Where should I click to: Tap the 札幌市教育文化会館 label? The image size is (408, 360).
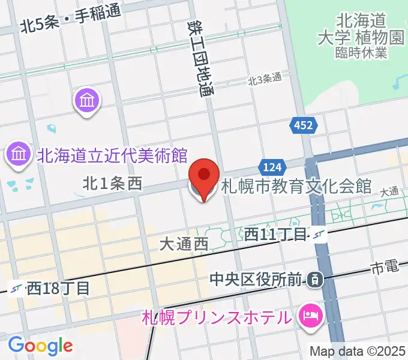coord(297,187)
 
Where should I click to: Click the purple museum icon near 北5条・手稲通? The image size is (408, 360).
coord(88,100)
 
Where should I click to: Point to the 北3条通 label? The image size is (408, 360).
coord(265,79)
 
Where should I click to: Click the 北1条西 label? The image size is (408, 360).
coord(112,184)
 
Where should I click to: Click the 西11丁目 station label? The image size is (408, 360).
coord(276,235)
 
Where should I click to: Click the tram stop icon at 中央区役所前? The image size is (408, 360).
coord(314,279)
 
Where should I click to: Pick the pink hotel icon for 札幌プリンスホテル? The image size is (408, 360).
coord(310,314)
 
